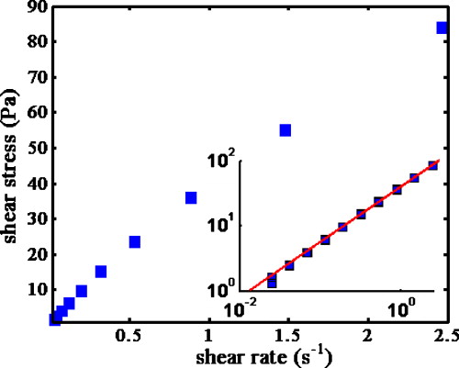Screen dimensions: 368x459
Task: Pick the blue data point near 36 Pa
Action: click(x=191, y=197)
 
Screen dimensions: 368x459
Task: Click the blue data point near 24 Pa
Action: click(x=134, y=241)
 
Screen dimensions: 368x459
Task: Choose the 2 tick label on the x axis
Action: click(x=368, y=335)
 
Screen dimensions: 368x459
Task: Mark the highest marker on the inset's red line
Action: click(x=433, y=166)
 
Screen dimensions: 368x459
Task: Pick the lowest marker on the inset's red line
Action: click(x=271, y=281)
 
